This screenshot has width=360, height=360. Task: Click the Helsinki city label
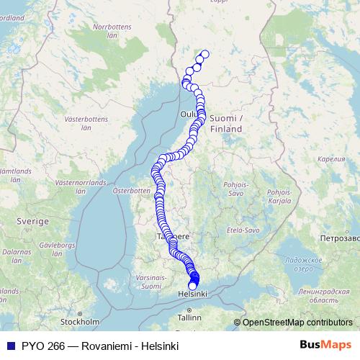[x=192, y=294]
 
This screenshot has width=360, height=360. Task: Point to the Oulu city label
[x=189, y=114]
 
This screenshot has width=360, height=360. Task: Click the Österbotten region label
[x=130, y=191]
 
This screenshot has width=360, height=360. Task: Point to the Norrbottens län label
[x=109, y=31]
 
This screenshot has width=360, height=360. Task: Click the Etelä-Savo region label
[x=242, y=230]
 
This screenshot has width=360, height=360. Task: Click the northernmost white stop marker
[x=204, y=54]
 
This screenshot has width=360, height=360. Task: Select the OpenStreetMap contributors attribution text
[x=297, y=323]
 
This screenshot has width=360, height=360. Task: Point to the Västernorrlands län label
[x=75, y=188]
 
